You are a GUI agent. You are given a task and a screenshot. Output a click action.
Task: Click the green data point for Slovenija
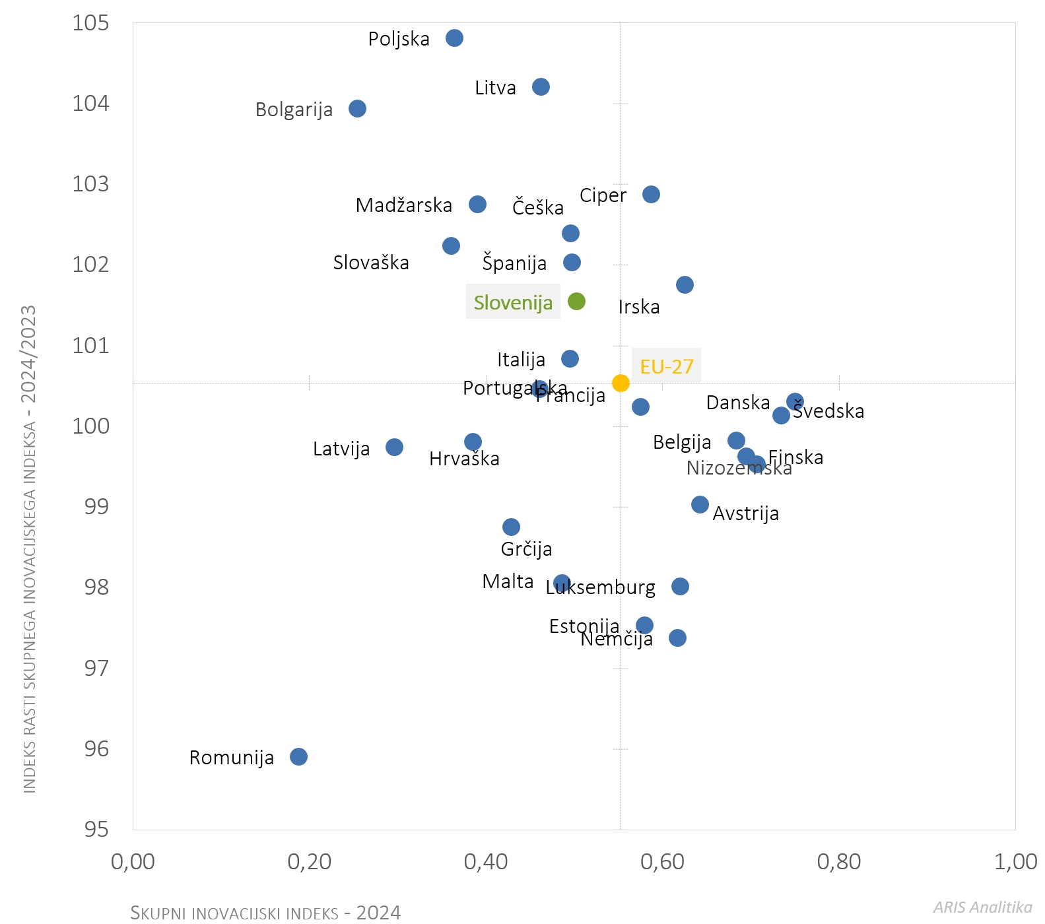(576, 302)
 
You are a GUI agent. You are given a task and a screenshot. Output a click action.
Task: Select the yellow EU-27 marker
(621, 383)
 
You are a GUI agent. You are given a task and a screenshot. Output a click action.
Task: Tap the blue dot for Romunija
(298, 756)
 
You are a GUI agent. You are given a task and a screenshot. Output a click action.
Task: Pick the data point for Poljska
(454, 38)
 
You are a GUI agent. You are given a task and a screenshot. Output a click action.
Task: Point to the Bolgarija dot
(357, 109)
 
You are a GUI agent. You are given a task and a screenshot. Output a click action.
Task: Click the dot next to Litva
(541, 87)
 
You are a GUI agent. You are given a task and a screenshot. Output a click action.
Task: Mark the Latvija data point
(394, 447)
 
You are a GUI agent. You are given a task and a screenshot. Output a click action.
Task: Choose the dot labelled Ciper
(651, 194)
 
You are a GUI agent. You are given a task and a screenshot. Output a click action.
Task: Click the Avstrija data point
(700, 505)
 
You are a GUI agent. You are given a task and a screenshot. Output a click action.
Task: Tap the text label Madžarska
(404, 205)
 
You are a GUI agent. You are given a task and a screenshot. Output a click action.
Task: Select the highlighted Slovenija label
(513, 302)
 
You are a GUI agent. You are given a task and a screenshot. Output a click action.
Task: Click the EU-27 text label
(667, 366)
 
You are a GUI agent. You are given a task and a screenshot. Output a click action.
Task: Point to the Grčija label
(526, 549)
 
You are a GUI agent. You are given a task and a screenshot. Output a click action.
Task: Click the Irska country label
(639, 307)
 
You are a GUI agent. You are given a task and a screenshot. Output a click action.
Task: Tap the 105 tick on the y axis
(90, 23)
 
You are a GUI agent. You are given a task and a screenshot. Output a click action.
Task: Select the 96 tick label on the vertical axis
(96, 748)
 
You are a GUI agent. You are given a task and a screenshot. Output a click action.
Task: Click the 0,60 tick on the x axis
(662, 861)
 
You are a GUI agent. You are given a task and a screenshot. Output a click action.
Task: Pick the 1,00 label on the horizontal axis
(1015, 861)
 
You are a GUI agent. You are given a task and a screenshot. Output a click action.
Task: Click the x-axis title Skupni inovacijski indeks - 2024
(265, 913)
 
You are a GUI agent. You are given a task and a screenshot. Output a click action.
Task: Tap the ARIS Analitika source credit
(982, 907)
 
